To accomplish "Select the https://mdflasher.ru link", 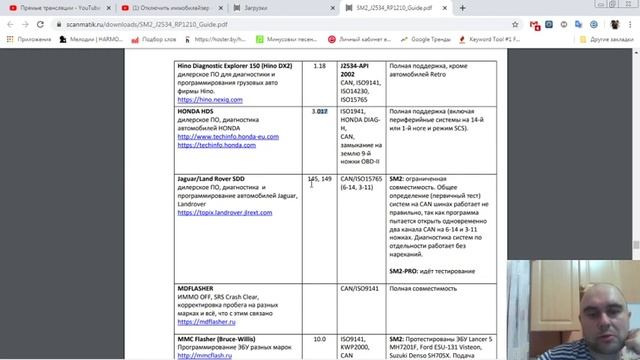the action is (206, 323).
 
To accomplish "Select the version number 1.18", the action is (320, 66).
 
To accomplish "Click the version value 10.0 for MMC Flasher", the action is (320, 339).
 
